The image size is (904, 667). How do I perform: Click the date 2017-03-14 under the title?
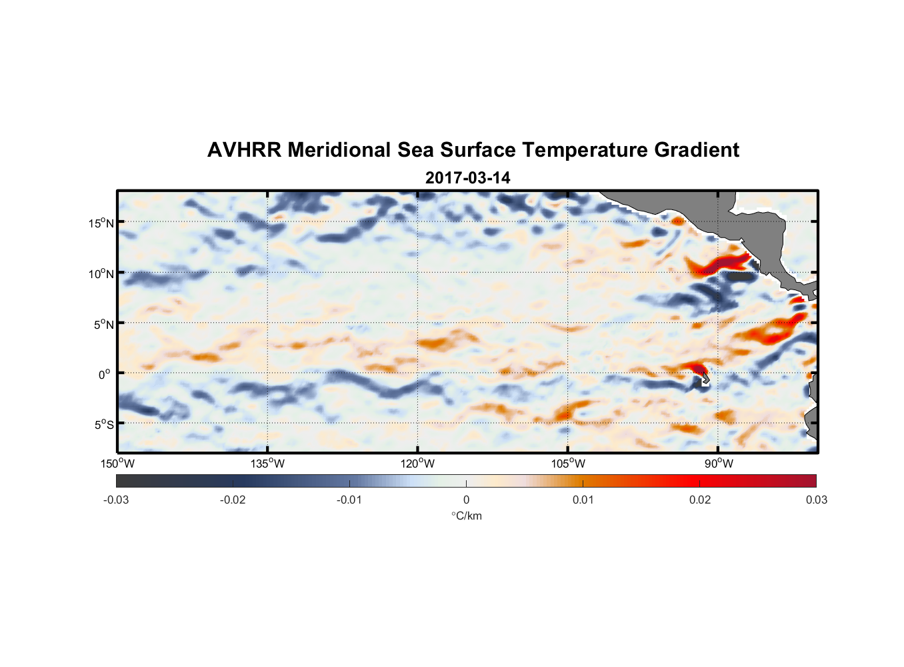point(467,178)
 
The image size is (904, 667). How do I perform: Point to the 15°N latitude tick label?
point(101,223)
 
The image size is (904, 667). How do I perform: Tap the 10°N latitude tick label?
point(101,273)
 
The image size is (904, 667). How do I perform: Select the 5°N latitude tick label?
point(103,324)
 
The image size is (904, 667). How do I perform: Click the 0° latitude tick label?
point(105,374)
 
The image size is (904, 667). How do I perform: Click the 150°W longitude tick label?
point(117,464)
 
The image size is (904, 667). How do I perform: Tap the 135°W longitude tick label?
point(267,464)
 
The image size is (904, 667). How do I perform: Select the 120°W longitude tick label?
point(417,464)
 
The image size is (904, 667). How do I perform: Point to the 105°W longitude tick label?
point(568,464)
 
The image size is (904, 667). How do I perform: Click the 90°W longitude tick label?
point(719,464)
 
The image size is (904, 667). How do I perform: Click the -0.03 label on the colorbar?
point(116,500)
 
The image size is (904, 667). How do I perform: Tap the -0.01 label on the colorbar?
point(349,500)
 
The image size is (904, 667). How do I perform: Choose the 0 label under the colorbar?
point(466,500)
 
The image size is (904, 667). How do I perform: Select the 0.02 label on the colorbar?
point(700,500)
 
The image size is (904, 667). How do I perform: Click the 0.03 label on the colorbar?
point(816,500)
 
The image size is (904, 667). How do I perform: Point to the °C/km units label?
point(466,516)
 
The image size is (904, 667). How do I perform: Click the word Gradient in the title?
point(696,150)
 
